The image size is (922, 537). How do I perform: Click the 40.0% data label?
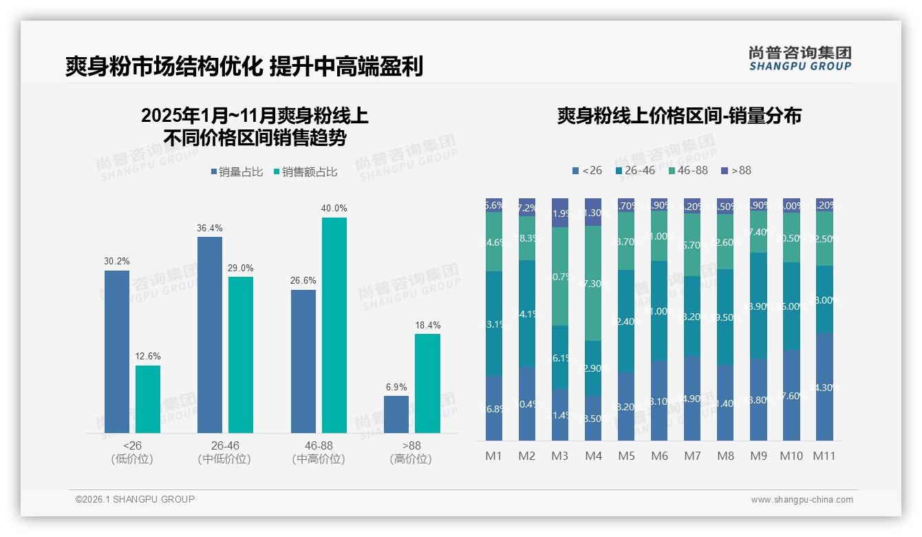pyautogui.click(x=334, y=208)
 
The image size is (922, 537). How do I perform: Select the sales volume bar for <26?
pyautogui.click(x=117, y=351)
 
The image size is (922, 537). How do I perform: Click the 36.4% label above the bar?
pyautogui.click(x=210, y=228)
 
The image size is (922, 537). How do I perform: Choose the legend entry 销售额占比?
pyautogui.click(x=305, y=172)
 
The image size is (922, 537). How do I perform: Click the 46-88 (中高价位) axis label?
pyautogui.click(x=319, y=452)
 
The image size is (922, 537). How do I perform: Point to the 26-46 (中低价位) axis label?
pyautogui.click(x=224, y=452)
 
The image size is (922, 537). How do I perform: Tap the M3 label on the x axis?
pyautogui.click(x=560, y=456)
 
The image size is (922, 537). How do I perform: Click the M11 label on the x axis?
pyautogui.click(x=824, y=456)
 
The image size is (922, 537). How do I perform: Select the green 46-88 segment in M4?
pyautogui.click(x=593, y=283)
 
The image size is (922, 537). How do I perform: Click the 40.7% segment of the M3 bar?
pyautogui.click(x=560, y=276)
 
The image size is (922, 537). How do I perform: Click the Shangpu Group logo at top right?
pyautogui.click(x=800, y=58)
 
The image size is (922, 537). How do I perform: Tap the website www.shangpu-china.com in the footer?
pyautogui.click(x=802, y=500)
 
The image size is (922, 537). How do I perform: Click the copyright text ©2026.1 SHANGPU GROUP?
pyautogui.click(x=135, y=499)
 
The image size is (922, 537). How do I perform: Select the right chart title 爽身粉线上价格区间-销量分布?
pyautogui.click(x=678, y=116)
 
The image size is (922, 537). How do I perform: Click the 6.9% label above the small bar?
pyautogui.click(x=396, y=387)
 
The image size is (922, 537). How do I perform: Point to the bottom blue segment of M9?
pyautogui.click(x=758, y=399)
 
